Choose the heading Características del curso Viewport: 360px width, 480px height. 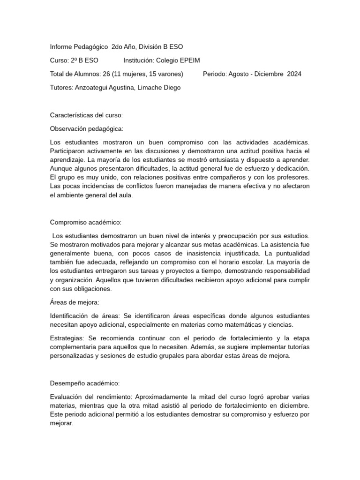point(86,115)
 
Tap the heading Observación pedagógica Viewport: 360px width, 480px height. point(87,128)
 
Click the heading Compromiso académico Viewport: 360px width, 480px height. point(85,222)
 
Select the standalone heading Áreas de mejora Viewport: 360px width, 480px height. point(75,303)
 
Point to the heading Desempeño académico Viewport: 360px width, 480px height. point(85,383)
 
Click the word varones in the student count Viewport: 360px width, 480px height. point(169,74)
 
